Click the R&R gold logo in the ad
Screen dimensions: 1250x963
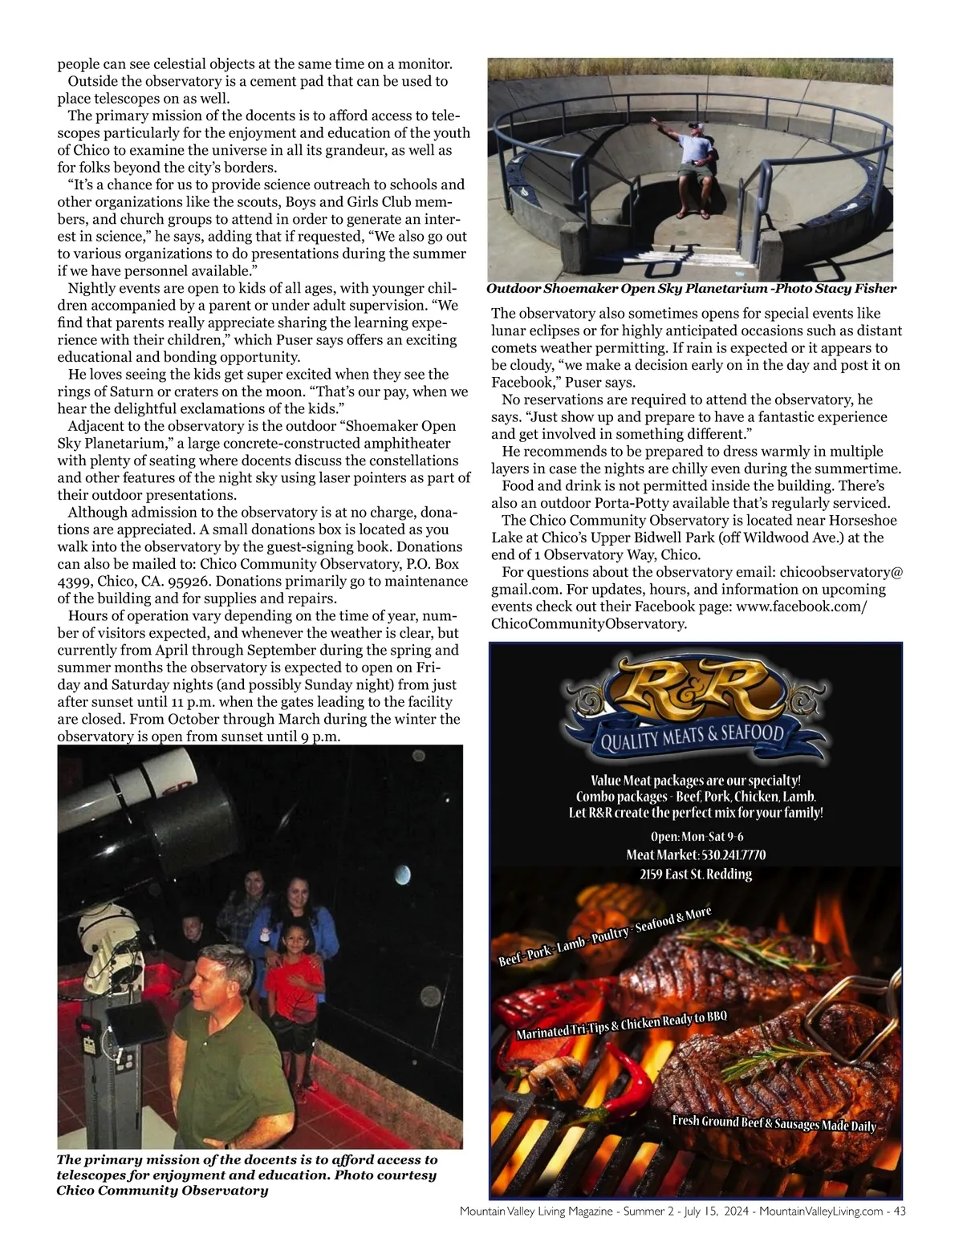click(694, 692)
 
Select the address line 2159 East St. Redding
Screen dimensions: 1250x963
click(696, 874)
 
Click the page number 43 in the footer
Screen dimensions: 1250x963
click(898, 1211)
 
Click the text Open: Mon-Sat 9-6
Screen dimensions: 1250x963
click(697, 836)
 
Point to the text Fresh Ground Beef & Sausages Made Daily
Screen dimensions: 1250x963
click(774, 1122)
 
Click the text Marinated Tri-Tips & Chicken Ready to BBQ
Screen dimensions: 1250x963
click(621, 1026)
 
